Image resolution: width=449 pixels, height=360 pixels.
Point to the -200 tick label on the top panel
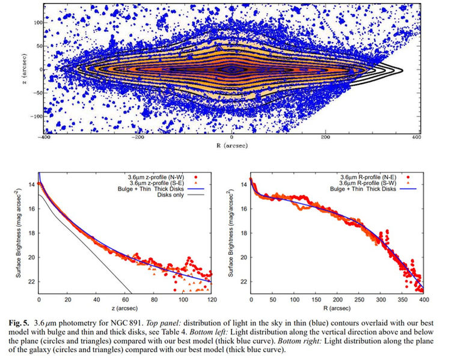point(138,137)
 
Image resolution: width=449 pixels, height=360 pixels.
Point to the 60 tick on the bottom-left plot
point(125,299)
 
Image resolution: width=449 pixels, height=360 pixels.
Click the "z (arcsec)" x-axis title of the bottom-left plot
point(125,307)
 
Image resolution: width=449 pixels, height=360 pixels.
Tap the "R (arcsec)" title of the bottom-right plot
point(337,307)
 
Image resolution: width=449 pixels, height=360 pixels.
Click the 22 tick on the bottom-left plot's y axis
point(31,281)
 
